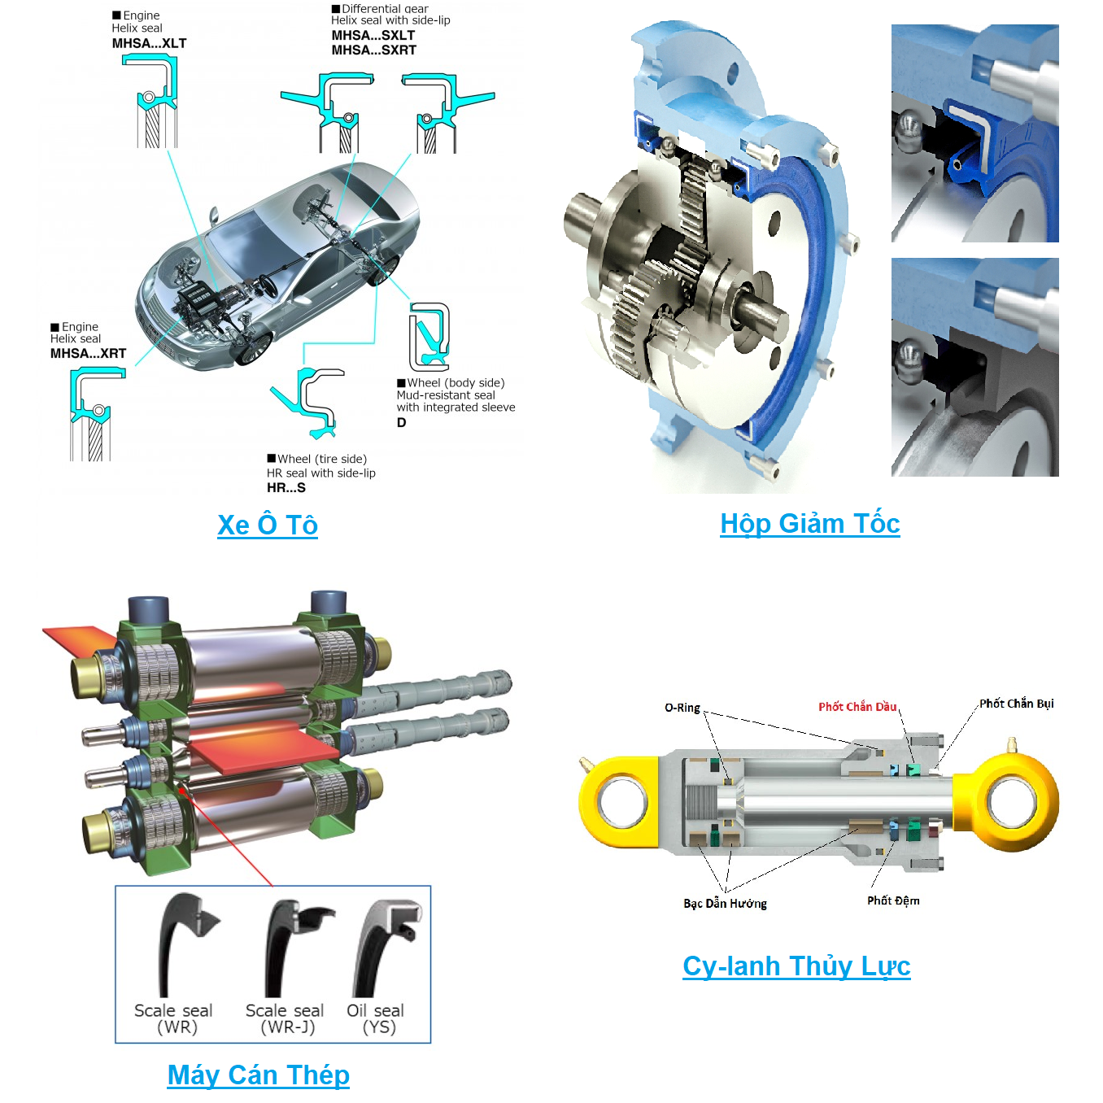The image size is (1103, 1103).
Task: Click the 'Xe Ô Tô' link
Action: [268, 525]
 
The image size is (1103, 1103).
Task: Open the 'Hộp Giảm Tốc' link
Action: [810, 524]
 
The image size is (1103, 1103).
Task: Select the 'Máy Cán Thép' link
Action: [258, 1075]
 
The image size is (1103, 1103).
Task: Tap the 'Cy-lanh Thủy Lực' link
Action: [796, 967]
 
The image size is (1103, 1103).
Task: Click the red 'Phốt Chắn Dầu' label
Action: [857, 707]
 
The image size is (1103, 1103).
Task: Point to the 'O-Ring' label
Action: [682, 708]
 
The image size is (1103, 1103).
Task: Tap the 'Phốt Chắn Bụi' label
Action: [1016, 704]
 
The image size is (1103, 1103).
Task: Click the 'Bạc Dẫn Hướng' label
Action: [725, 903]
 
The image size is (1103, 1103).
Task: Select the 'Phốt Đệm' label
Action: [893, 900]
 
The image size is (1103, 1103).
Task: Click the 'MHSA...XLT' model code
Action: [149, 43]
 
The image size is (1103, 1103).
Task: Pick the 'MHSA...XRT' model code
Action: [88, 354]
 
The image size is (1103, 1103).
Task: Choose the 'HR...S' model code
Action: [286, 488]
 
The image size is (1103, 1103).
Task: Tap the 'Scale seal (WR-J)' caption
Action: [285, 1019]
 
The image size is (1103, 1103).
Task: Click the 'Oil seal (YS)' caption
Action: [376, 1019]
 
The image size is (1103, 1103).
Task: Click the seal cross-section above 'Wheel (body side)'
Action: [429, 337]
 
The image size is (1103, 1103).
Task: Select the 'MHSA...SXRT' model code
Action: [374, 50]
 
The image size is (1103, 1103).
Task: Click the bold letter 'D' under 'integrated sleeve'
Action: [401, 423]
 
